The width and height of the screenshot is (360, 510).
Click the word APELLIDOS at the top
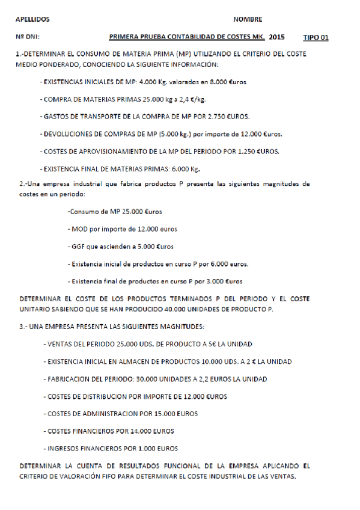coord(32,19)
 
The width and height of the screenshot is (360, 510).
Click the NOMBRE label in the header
coord(247,19)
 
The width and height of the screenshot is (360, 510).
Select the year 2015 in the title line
coord(278,37)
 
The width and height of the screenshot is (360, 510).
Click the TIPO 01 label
coord(316,37)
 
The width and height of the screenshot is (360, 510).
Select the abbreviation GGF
coord(78,247)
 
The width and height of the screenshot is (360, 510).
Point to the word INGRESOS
coord(63,449)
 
